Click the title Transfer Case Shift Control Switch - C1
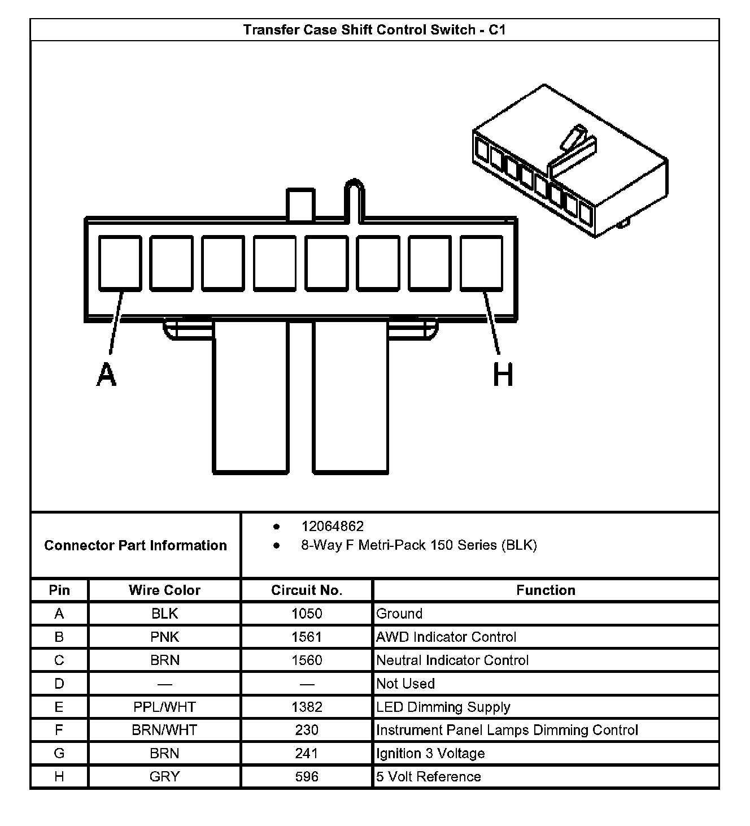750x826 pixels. coord(374,30)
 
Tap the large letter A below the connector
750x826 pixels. coord(106,375)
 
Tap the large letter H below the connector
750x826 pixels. coord(503,375)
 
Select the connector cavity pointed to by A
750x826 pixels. coord(120,263)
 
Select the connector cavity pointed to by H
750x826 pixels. coord(481,263)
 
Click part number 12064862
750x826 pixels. coord(333,527)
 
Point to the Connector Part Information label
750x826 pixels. coord(136,545)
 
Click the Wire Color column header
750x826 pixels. coord(164,590)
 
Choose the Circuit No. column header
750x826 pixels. coord(307,590)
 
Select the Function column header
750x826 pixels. coord(546,590)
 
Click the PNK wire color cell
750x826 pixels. coord(164,637)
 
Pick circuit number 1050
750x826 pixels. coord(307,614)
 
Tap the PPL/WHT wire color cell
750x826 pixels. coord(164,707)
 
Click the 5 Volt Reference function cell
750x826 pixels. coord(429,777)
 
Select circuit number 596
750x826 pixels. coord(307,777)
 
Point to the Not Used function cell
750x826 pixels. coord(405,684)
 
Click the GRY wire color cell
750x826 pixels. coord(164,777)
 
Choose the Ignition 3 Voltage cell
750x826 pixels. coord(430,754)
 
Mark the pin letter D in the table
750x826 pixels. coord(59,684)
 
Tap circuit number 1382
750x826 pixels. coord(307,707)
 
